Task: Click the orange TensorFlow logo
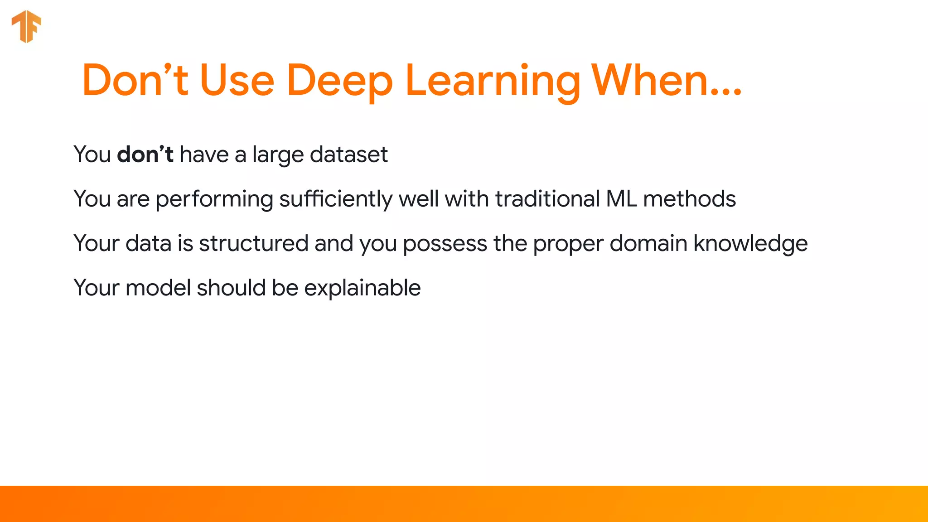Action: coord(26,26)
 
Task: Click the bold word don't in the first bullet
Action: coord(145,155)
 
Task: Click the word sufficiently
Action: coord(336,199)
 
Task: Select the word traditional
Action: coord(547,199)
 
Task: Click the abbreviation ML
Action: coord(621,199)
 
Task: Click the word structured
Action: coord(253,243)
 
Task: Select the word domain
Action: coord(648,243)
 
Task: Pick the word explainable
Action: coord(362,288)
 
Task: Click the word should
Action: coord(231,288)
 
